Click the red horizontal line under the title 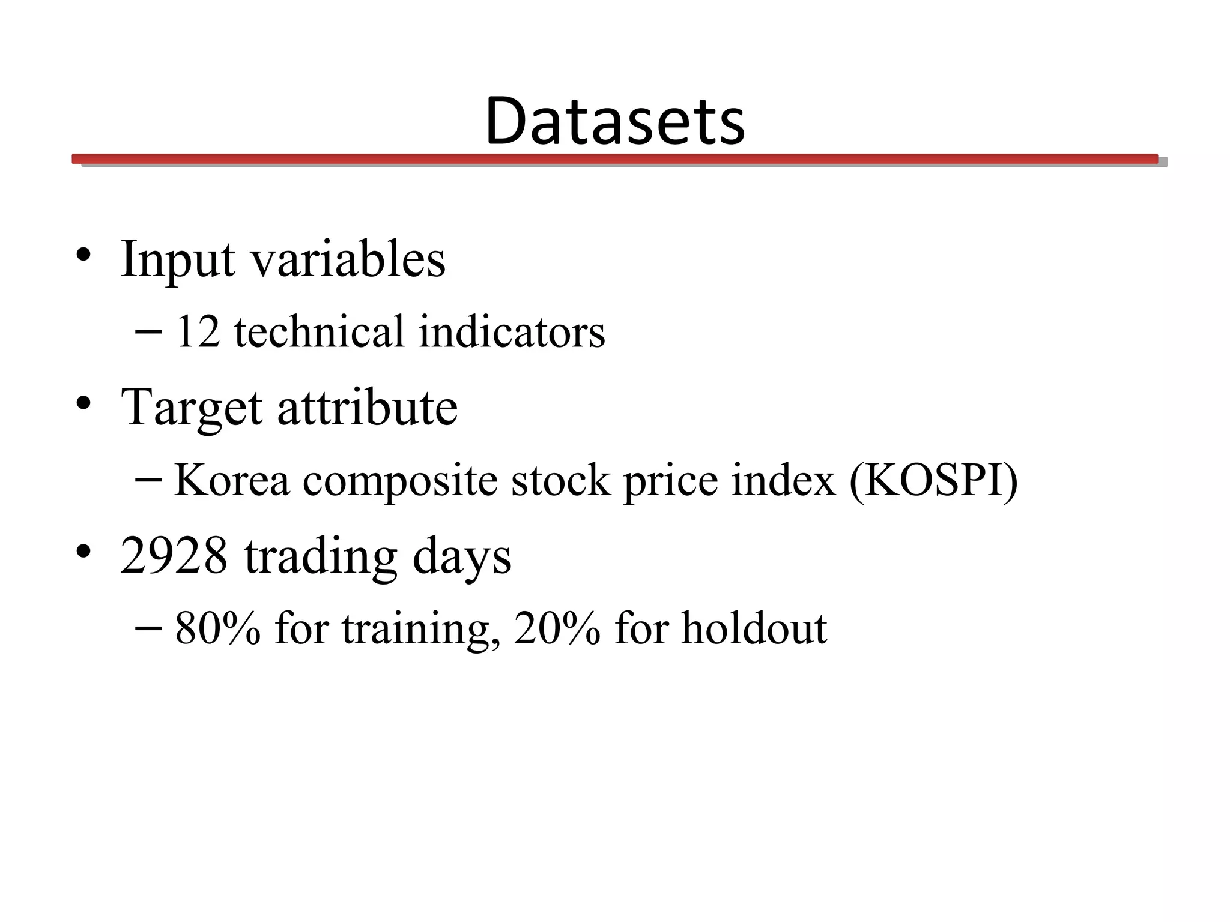pos(615,158)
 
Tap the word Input pos(178,260)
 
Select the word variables pos(348,259)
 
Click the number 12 pos(198,332)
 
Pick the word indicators pos(512,332)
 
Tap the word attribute pos(367,407)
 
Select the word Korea pos(232,480)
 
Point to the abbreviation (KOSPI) pos(933,480)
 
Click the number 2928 pos(174,555)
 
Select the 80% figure pos(218,628)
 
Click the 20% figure pos(557,628)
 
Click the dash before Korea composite pos(148,480)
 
